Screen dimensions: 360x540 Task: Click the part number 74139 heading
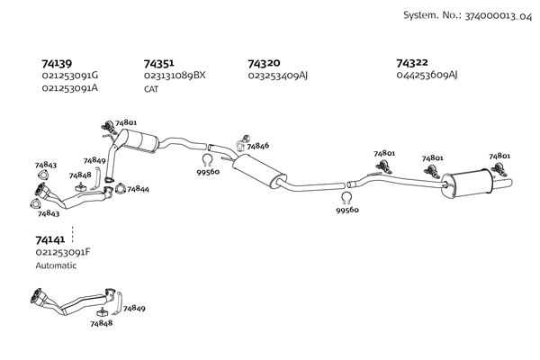tap(58, 64)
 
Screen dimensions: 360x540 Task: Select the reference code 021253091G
tap(70, 76)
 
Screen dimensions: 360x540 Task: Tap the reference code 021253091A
tap(70, 87)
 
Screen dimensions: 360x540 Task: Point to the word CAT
tap(152, 88)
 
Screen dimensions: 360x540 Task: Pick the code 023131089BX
tap(175, 76)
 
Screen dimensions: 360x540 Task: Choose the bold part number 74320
tap(264, 64)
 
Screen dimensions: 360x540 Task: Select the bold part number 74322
tap(412, 63)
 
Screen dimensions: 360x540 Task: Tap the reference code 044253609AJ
tap(427, 76)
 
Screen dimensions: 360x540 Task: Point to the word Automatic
tap(56, 265)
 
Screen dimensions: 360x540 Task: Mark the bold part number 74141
tap(50, 241)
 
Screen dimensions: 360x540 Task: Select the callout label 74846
tap(257, 145)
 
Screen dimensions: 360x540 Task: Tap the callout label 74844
tap(138, 190)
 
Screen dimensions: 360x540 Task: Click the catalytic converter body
tap(142, 140)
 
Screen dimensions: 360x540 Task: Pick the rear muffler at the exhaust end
tap(472, 183)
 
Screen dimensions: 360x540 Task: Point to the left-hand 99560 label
tap(208, 172)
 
